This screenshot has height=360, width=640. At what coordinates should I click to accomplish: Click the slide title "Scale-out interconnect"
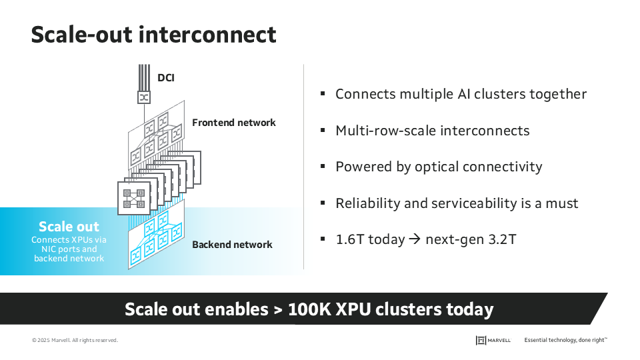[153, 34]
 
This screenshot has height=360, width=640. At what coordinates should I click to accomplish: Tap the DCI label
[166, 78]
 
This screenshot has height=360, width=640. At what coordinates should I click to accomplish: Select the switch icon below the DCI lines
[143, 97]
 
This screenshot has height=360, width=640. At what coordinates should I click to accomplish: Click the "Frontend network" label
[233, 123]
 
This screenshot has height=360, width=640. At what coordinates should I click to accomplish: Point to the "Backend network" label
[232, 245]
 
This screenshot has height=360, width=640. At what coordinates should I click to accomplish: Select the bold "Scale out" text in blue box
[69, 227]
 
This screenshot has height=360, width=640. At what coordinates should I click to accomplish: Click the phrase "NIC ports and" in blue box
[69, 249]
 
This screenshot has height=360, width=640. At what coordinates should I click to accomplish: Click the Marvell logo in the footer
[493, 340]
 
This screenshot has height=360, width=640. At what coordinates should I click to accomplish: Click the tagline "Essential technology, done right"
[565, 340]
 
